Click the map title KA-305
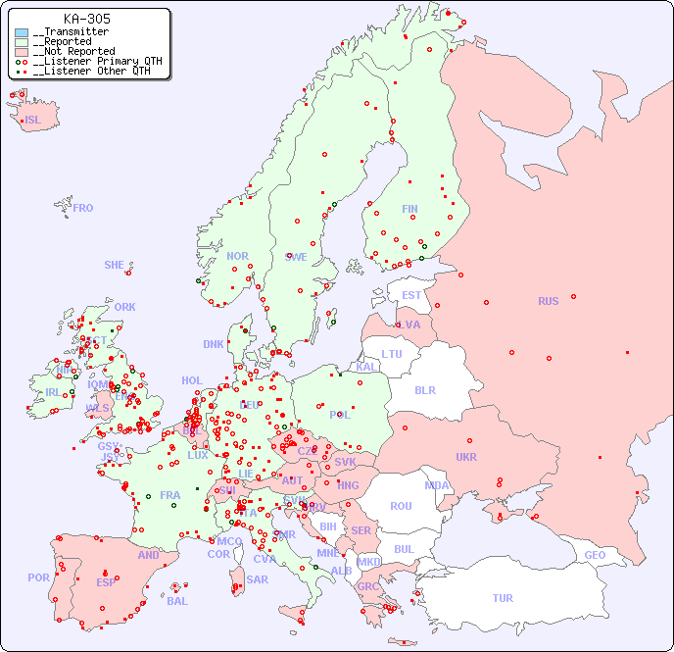pos(86,19)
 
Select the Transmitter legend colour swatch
pos(22,32)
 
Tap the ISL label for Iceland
pos(33,121)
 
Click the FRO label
pos(83,208)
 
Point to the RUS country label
pos(548,301)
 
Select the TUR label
pos(503,598)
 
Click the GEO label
pos(595,555)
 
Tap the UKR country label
pos(466,457)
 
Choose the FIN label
pos(409,209)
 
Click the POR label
pos(38,577)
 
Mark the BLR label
pos(424,389)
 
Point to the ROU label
pos(401,506)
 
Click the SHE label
pos(115,265)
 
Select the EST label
pos(411,295)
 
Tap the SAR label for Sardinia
pos(258,579)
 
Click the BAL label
pos(176,601)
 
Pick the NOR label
pos(237,256)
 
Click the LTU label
pos(392,354)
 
